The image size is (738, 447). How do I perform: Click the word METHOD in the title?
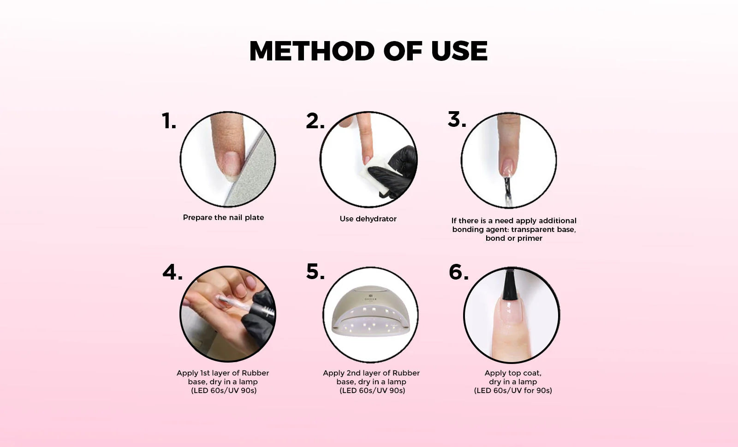(312, 51)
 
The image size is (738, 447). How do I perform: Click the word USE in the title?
(459, 51)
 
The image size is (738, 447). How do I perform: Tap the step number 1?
(169, 121)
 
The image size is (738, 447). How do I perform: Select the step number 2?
(315, 121)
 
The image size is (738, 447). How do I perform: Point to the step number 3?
(457, 119)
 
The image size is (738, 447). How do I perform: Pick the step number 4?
(173, 273)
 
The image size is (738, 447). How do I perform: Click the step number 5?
(315, 272)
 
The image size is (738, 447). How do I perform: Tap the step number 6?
(458, 273)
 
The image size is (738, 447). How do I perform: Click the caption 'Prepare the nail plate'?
(223, 217)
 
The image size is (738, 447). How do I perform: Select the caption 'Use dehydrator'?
(368, 219)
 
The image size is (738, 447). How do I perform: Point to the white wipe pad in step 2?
(375, 174)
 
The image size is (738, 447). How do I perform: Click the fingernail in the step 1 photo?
(231, 164)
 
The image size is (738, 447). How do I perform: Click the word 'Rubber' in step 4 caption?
(256, 373)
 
